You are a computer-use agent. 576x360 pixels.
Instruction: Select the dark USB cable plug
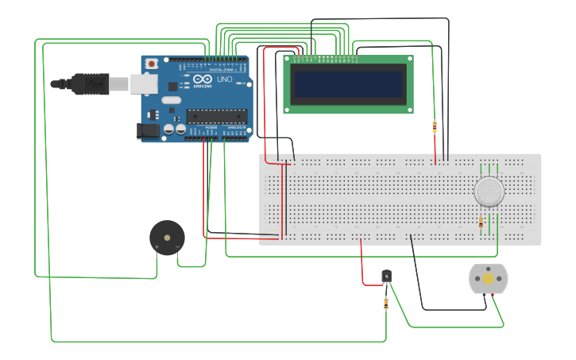click(x=90, y=83)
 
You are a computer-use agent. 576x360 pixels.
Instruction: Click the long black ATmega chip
click(x=216, y=115)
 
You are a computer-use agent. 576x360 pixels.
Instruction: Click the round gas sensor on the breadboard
click(x=489, y=192)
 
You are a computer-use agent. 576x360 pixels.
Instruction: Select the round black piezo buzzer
click(x=167, y=237)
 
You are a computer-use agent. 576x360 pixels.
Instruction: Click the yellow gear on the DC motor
click(x=487, y=278)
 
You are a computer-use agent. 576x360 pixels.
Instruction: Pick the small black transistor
click(x=386, y=277)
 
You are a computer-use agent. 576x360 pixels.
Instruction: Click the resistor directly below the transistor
click(x=386, y=302)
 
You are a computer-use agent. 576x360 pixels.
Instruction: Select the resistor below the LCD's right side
click(x=434, y=126)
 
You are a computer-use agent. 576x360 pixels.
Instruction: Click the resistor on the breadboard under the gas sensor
click(x=481, y=223)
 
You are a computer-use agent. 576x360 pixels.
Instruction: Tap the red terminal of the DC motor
click(x=493, y=296)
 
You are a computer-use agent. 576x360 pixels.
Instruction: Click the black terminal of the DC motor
click(x=482, y=296)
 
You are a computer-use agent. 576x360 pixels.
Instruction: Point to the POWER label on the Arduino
click(x=211, y=127)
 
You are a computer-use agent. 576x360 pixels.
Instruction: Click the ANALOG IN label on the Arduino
click(x=236, y=127)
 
